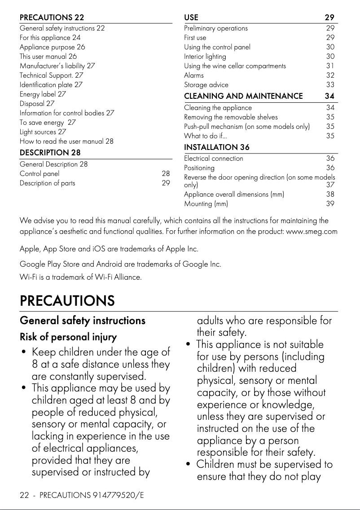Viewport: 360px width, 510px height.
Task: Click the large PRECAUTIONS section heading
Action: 67,301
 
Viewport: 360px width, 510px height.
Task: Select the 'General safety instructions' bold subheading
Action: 83,321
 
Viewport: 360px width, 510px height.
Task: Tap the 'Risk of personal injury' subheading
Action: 68,337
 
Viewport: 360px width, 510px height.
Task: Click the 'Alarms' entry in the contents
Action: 193,75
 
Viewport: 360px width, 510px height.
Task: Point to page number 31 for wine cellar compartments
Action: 330,66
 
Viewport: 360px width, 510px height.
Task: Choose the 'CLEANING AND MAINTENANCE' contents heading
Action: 243,96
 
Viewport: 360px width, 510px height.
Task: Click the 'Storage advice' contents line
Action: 206,85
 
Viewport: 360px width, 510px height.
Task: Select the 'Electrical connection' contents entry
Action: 214,158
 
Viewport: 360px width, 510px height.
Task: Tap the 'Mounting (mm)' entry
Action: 206,204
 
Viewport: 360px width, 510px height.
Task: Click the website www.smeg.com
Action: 312,232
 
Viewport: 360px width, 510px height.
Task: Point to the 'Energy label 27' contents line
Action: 43,94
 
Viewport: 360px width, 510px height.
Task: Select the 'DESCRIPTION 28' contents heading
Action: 50,153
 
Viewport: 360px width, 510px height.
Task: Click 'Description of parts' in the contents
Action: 48,183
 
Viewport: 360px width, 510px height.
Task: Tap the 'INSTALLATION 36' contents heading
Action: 217,147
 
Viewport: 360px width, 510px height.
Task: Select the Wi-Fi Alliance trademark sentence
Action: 81,277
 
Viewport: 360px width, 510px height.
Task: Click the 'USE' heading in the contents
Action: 191,18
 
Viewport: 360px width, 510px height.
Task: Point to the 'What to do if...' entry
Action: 205,136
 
